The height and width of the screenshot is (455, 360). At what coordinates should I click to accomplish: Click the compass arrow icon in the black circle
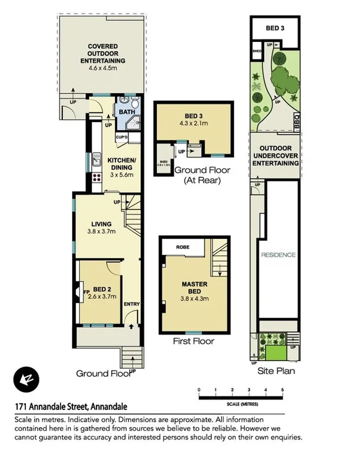point(27,378)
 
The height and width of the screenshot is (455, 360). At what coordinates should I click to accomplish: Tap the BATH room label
point(126,112)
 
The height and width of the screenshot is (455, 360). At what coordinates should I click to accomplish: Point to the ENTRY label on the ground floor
point(132,304)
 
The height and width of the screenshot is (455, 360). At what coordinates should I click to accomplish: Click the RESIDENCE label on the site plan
point(278,255)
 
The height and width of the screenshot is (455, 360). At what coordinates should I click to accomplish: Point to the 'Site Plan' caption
point(276,372)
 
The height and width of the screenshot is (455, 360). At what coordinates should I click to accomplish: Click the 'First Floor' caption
point(194,341)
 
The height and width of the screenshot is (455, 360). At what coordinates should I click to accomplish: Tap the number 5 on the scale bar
point(282,390)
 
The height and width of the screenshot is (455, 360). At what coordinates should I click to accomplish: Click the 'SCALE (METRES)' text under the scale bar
point(241,403)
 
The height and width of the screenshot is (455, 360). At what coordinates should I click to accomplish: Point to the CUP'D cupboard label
point(121,137)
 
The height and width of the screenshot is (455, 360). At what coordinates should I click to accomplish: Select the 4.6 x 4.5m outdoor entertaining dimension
point(103,69)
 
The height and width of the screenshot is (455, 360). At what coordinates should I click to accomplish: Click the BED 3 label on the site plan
point(275,28)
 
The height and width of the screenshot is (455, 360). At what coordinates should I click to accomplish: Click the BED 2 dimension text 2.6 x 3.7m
point(103,297)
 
